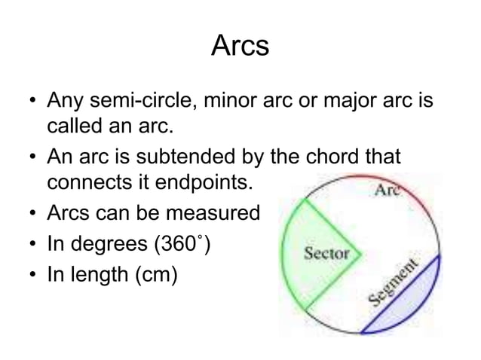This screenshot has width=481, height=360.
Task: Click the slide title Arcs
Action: point(240,47)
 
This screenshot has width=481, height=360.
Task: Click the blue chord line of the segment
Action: point(400,294)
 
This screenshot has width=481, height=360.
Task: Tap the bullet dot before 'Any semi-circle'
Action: point(29,100)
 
